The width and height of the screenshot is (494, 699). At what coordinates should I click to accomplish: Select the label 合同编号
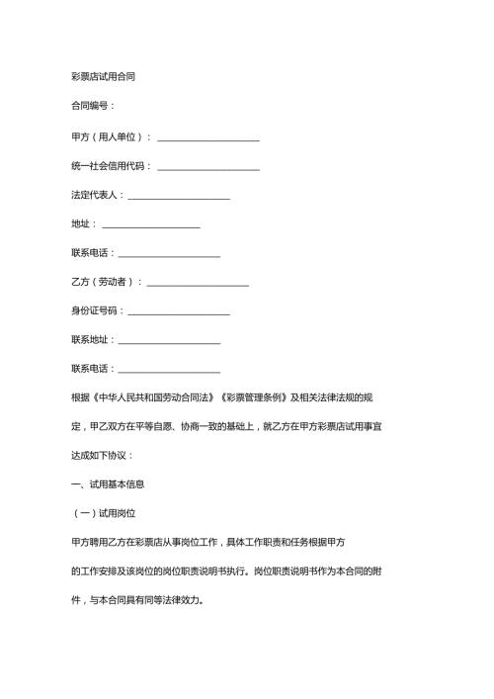coord(91,106)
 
